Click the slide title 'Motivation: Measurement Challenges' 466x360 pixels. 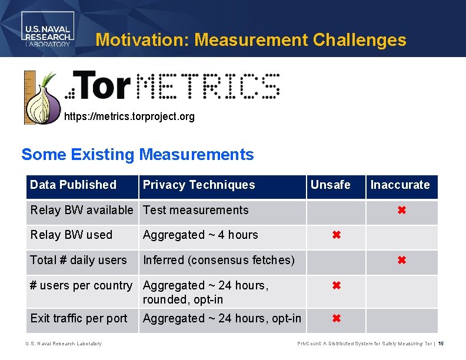251,40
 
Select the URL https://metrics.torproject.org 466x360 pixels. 129,116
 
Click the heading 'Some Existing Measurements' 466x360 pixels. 138,155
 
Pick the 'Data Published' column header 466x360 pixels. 73,185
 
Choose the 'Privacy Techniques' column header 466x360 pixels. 199,185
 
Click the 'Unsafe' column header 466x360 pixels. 330,185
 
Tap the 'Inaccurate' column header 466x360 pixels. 400,185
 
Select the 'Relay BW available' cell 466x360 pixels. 82,210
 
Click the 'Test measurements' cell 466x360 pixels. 196,210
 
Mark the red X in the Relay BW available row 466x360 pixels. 402,210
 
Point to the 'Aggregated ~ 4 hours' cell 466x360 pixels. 201,235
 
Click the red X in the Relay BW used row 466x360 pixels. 336,235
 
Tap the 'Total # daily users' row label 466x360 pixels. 78,260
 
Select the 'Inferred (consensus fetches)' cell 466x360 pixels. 219,260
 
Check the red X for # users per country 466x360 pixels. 336,286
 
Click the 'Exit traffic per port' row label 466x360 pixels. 79,318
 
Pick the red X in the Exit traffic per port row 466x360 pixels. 336,319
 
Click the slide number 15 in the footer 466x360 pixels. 441,344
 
